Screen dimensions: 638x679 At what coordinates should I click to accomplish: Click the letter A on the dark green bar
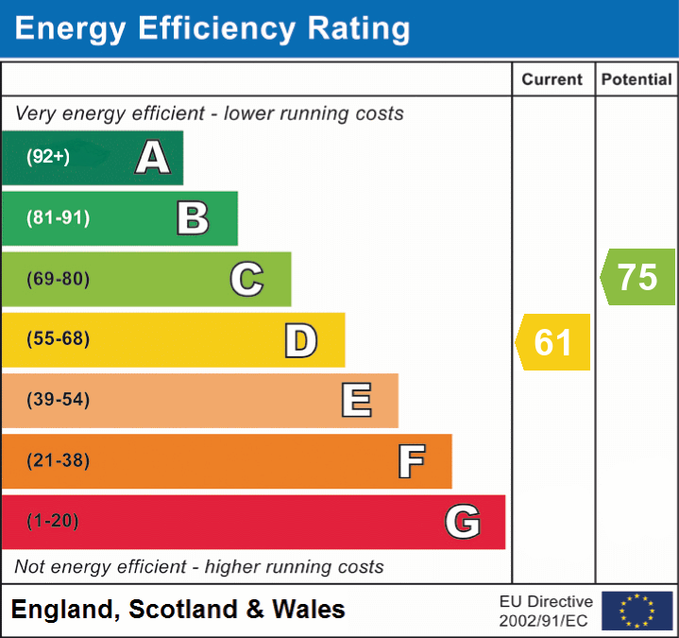(x=153, y=158)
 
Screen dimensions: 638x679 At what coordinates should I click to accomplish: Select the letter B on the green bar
(x=194, y=218)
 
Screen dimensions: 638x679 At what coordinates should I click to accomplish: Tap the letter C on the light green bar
(x=246, y=279)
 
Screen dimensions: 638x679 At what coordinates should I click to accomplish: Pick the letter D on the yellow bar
(x=301, y=340)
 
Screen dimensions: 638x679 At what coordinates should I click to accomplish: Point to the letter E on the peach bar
(x=356, y=401)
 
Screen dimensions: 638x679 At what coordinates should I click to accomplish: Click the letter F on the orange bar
(x=411, y=461)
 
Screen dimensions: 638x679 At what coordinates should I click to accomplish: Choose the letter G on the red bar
(x=463, y=522)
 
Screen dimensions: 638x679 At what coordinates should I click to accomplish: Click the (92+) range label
(x=48, y=157)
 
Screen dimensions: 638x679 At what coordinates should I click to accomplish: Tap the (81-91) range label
(x=59, y=218)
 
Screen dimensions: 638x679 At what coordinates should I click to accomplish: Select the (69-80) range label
(x=59, y=279)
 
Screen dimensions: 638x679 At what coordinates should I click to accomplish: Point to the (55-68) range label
(x=59, y=339)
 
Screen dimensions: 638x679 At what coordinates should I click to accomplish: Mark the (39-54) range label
(x=59, y=400)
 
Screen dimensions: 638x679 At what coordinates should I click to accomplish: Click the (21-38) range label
(x=59, y=461)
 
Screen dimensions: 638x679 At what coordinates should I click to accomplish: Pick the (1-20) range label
(x=53, y=522)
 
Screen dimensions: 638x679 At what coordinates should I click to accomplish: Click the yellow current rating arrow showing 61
(x=554, y=341)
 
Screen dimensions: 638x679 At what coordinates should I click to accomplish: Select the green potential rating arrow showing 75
(x=638, y=277)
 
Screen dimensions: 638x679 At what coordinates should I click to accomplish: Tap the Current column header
(x=552, y=80)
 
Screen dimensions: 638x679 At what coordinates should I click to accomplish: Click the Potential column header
(x=637, y=80)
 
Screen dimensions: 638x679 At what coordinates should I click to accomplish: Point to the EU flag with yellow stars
(x=637, y=611)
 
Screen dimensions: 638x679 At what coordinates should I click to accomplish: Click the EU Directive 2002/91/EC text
(x=546, y=611)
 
